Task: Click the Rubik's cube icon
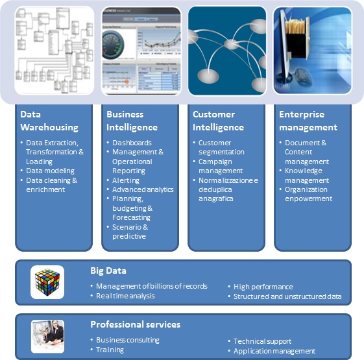coord(47,282)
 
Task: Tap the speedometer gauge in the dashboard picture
coord(113,45)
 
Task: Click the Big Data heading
coord(108,270)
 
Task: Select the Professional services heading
coord(136,324)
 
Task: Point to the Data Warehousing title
coord(49,121)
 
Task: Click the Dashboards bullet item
coord(132,143)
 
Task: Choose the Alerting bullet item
coord(126,180)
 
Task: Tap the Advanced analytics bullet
coord(143,189)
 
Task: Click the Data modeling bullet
coord(50,171)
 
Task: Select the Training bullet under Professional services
coord(110,350)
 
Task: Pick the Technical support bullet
coord(262,341)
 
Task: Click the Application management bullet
coord(274,351)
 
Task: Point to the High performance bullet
coord(263,287)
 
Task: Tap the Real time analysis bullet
coord(125,296)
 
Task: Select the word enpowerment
coord(308,198)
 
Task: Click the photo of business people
coord(47,337)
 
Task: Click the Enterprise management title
coord(308,121)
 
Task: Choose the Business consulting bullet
coord(128,340)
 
